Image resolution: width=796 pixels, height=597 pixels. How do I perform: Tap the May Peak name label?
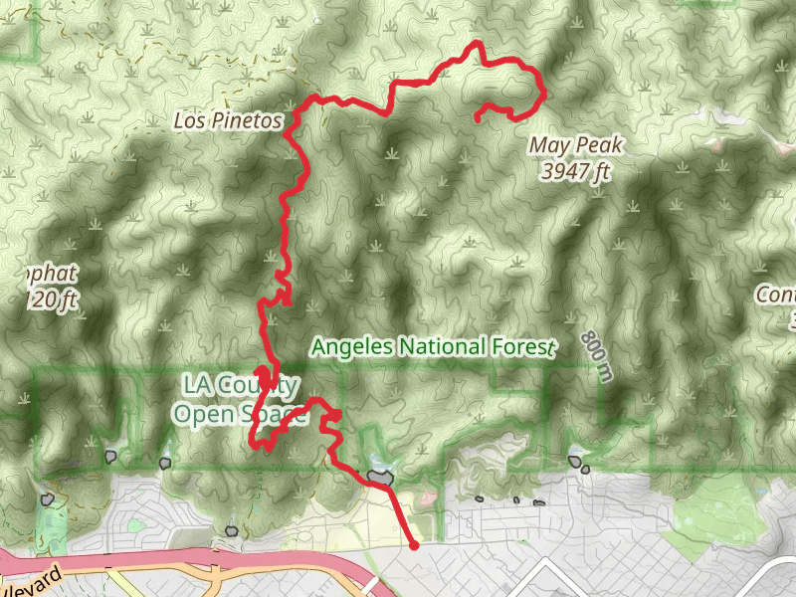575,146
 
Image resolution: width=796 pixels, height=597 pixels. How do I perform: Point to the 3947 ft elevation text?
575,171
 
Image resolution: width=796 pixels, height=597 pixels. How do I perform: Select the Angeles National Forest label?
431,347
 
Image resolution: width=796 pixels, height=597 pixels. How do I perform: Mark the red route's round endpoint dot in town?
413,544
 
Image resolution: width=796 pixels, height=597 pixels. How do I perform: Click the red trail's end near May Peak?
478,119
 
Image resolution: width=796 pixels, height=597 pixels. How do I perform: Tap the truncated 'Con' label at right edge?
775,296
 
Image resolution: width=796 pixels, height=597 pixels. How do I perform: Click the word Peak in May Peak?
597,146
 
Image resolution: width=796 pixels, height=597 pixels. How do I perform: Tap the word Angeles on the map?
352,347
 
